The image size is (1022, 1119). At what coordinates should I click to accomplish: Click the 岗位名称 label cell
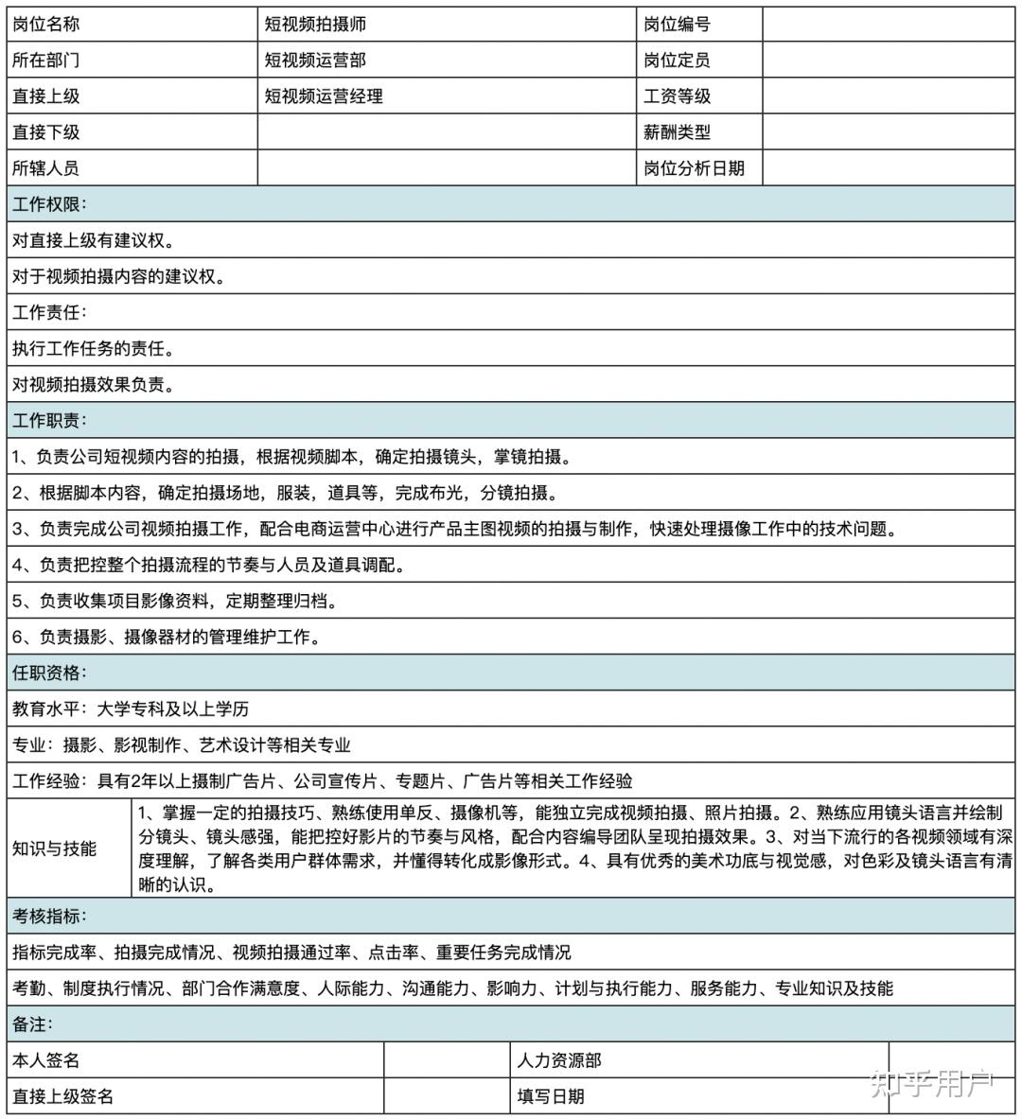pyautogui.click(x=46, y=25)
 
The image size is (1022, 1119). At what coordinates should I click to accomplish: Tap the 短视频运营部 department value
pyautogui.click(x=315, y=61)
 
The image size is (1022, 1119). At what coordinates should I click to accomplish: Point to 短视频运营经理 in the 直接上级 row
pyautogui.click(x=324, y=96)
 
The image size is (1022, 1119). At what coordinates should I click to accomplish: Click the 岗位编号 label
pyautogui.click(x=677, y=25)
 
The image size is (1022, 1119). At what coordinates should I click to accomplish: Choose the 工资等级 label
pyautogui.click(x=677, y=96)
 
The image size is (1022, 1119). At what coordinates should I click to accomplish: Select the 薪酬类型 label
pyautogui.click(x=677, y=132)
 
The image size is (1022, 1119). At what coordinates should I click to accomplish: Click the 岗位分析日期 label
pyautogui.click(x=694, y=168)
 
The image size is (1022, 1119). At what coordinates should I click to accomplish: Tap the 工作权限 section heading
pyautogui.click(x=49, y=204)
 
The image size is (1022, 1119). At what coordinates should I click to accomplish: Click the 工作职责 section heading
pyautogui.click(x=49, y=420)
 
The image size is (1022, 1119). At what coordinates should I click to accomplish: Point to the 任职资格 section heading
pyautogui.click(x=49, y=673)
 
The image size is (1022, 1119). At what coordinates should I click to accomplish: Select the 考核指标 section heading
pyautogui.click(x=49, y=916)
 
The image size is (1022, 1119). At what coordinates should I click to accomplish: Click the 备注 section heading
pyautogui.click(x=33, y=1023)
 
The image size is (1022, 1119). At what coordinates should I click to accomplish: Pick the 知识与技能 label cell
pyautogui.click(x=55, y=848)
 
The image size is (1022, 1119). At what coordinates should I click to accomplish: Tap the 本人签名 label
pyautogui.click(x=46, y=1060)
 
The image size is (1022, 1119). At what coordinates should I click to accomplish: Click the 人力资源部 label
pyautogui.click(x=559, y=1060)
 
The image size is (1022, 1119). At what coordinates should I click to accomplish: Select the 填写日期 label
pyautogui.click(x=551, y=1096)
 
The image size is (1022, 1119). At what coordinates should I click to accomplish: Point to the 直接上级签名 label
pyautogui.click(x=63, y=1096)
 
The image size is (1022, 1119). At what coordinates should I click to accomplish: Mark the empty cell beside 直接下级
pyautogui.click(x=447, y=132)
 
